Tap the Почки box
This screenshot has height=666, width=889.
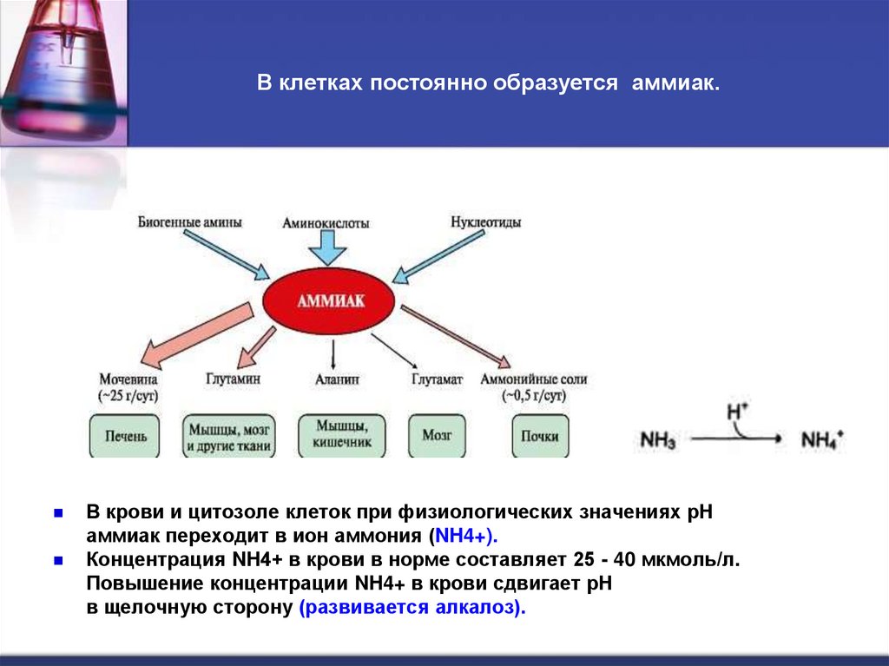[x=535, y=437]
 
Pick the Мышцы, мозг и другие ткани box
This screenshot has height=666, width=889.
[x=229, y=437]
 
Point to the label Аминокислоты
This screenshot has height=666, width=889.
[x=326, y=223]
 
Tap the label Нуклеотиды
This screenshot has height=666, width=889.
[x=485, y=222]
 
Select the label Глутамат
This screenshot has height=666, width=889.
[x=437, y=379]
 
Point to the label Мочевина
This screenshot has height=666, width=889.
[x=130, y=379]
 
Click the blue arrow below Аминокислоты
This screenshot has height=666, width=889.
[x=327, y=250]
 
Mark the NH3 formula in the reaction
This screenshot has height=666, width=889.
[x=657, y=439]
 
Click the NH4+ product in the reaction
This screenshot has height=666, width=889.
[x=820, y=439]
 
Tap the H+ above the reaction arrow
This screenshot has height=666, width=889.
[x=737, y=410]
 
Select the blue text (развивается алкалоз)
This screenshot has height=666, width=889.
[x=412, y=607]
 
